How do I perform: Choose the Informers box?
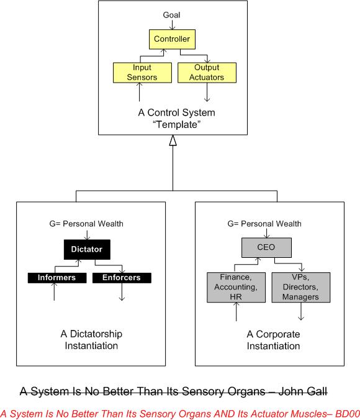pyautogui.click(x=55, y=278)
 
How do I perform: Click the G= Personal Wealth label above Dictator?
pyautogui.click(x=88, y=224)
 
